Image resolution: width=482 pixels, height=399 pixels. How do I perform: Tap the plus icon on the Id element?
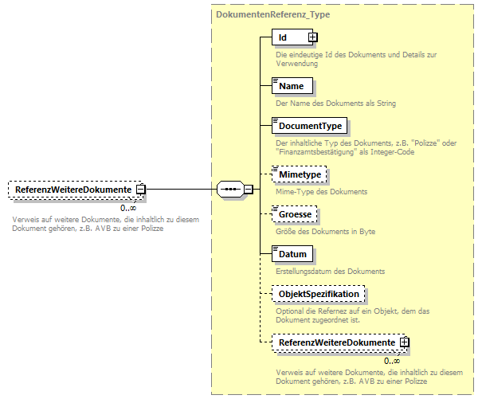point(313,37)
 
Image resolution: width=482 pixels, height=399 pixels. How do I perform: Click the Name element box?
point(292,86)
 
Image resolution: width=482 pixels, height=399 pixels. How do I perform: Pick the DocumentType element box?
point(310,126)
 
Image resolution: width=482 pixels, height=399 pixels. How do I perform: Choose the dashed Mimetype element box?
point(299,174)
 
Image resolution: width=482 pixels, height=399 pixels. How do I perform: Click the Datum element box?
point(292,254)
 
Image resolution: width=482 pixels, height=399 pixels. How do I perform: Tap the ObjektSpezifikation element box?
point(318,294)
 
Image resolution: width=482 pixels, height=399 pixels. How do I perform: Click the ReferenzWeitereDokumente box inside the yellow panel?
point(335,342)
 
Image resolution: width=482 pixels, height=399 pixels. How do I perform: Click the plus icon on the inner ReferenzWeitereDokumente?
point(405,342)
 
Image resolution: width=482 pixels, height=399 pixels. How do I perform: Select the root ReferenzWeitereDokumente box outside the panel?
point(72,190)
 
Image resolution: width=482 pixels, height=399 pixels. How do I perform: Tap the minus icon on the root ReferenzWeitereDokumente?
point(141,190)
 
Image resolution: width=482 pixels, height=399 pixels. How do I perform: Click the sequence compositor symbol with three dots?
point(230,190)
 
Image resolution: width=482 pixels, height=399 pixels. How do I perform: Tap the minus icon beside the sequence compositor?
point(249,190)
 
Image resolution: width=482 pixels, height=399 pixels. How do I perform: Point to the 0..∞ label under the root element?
point(128,208)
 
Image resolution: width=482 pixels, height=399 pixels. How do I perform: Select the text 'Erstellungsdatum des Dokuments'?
point(330,272)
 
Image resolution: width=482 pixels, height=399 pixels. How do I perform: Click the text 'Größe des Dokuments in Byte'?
point(325,232)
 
